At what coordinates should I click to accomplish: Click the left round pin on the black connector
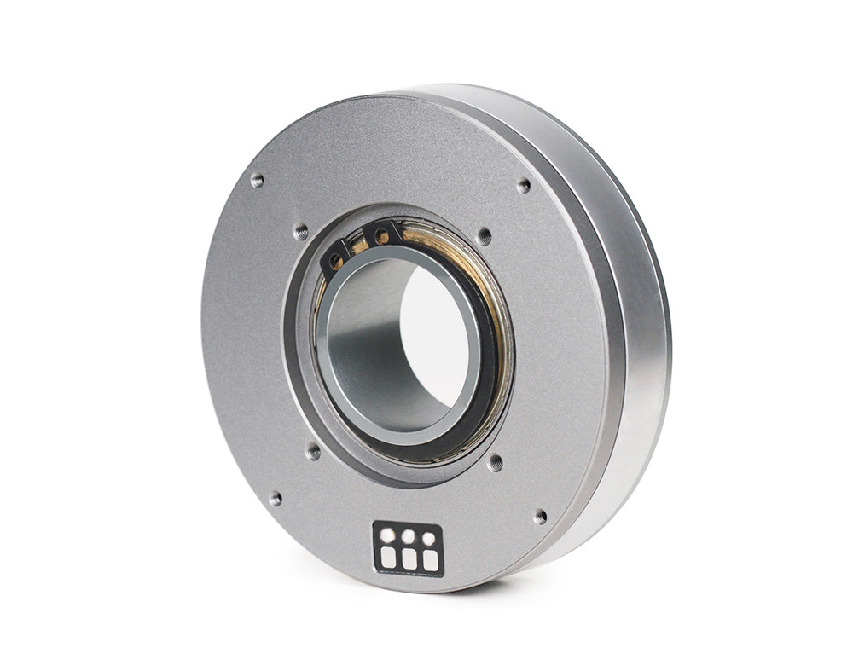(387, 535)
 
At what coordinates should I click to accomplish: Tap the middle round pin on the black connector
(409, 537)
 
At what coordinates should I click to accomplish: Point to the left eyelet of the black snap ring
(338, 257)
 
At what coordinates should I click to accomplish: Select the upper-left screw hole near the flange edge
(257, 180)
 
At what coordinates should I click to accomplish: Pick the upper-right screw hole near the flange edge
(524, 185)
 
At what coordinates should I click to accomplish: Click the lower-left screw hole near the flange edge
(275, 499)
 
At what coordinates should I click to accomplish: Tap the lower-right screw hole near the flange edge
(539, 517)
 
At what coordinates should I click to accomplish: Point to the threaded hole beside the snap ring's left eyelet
(300, 230)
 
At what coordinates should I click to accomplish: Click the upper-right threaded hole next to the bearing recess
(484, 236)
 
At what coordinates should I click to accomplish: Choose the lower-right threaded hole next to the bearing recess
(495, 463)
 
